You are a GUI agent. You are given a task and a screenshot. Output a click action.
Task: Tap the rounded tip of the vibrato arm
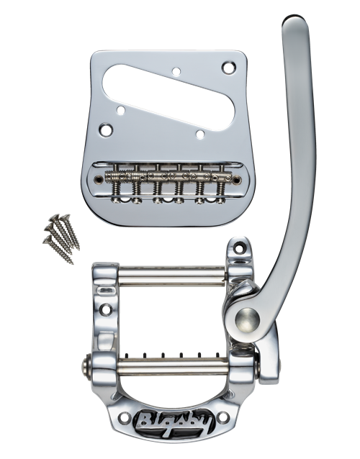pyautogui.click(x=294, y=20)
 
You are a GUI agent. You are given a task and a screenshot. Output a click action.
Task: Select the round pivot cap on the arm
pyautogui.click(x=248, y=319)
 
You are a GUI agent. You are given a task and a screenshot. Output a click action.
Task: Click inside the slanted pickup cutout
pyautogui.click(x=170, y=93)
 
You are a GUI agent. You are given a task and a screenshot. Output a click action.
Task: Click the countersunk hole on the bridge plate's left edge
pyautogui.click(x=105, y=129)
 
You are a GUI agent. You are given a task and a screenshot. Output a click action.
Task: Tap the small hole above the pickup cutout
pyautogui.click(x=176, y=71)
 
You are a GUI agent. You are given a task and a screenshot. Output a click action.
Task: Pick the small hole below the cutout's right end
pyautogui.click(x=200, y=135)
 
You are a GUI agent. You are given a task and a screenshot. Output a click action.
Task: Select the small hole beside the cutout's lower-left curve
pyautogui.click(x=121, y=110)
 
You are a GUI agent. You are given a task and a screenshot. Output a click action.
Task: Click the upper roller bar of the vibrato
pyautogui.click(x=172, y=276)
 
